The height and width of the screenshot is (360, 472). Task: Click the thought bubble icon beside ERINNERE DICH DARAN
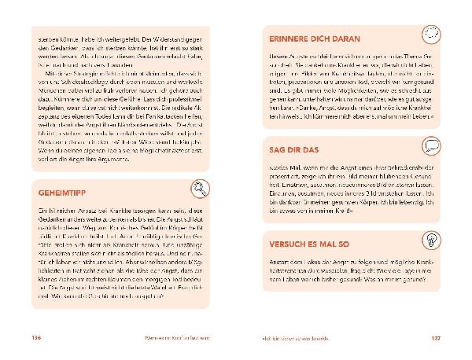430,33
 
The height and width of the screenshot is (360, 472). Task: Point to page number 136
35,338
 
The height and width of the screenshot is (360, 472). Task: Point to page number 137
437,338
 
